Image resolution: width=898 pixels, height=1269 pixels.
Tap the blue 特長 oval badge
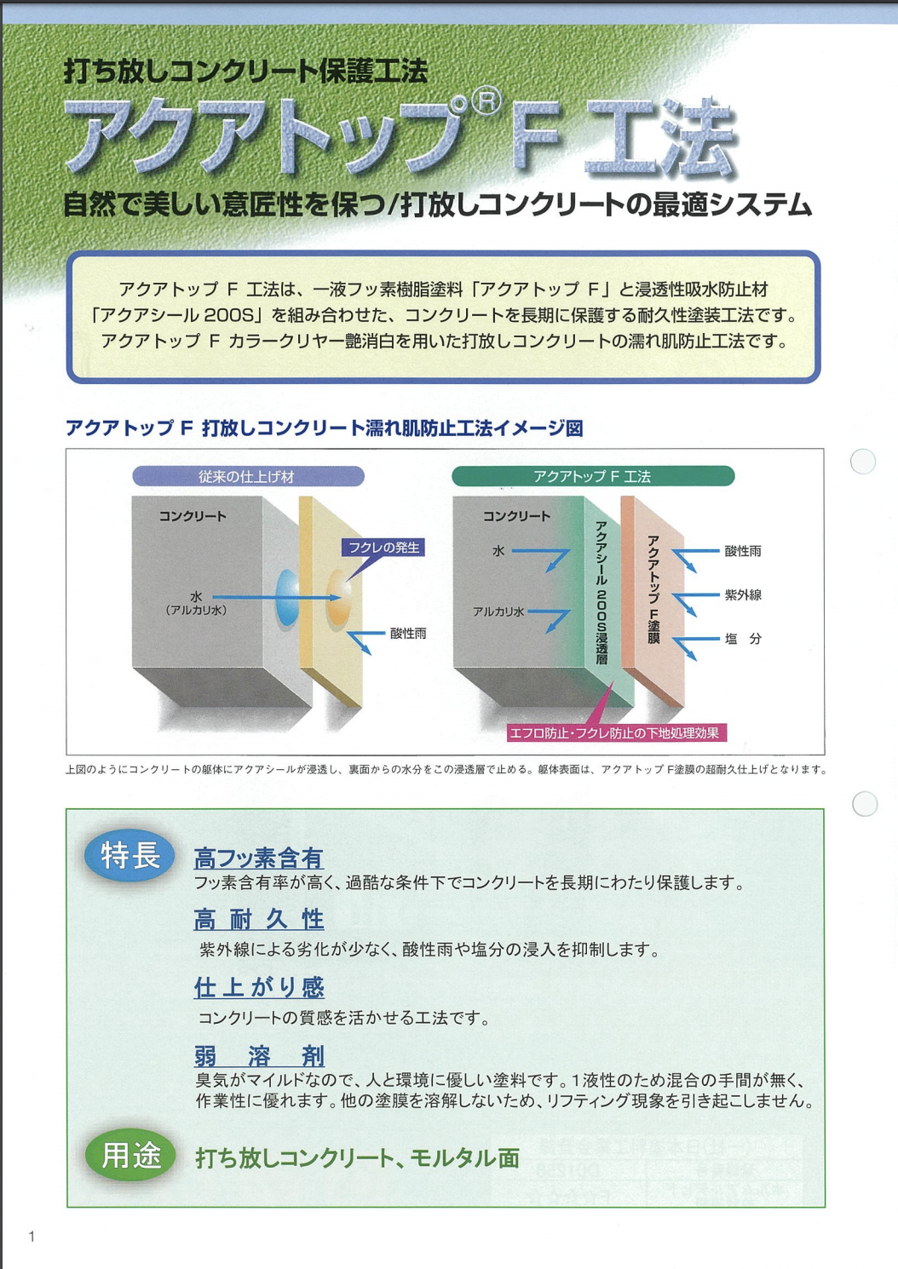(130, 855)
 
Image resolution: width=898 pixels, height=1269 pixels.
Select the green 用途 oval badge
(131, 1156)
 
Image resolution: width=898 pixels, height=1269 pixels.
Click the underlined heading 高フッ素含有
(258, 858)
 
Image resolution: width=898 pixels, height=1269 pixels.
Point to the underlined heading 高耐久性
(258, 919)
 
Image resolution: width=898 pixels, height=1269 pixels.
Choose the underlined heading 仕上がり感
(259, 987)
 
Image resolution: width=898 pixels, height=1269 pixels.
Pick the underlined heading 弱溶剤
(259, 1056)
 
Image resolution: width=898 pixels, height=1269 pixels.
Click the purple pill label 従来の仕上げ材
(248, 476)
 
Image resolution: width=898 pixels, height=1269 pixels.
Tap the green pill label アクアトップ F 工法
(593, 476)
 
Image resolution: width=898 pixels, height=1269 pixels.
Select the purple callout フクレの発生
(383, 548)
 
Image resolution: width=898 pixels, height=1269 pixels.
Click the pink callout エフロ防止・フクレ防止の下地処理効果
(616, 733)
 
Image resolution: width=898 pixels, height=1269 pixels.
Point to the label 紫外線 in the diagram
(743, 594)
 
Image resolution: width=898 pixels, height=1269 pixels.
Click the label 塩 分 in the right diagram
(743, 639)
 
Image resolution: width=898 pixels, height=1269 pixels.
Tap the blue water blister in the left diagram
(286, 598)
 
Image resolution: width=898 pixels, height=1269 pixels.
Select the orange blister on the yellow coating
(339, 598)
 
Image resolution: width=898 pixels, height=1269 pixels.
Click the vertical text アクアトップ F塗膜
(653, 589)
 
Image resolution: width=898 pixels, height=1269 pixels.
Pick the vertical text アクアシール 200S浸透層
(602, 593)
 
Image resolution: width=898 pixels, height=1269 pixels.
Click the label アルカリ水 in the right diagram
(498, 612)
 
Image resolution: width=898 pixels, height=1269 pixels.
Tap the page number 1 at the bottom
(32, 1237)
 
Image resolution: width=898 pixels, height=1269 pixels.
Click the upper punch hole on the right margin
(863, 461)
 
